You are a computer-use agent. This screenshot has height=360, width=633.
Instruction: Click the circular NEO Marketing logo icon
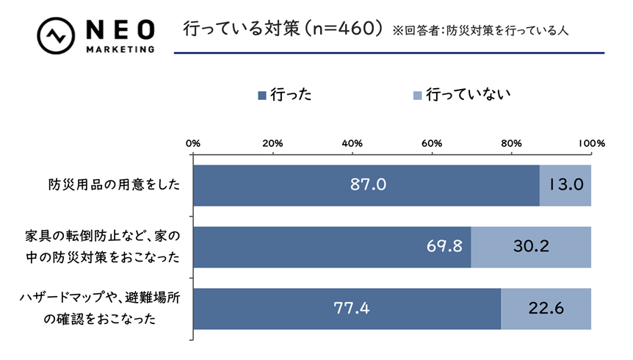(x=56, y=35)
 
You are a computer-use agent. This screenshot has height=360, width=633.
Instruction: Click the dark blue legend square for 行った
(x=261, y=95)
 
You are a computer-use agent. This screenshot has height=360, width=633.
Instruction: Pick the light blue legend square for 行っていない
(x=417, y=95)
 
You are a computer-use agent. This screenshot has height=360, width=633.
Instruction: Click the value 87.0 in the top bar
(x=367, y=184)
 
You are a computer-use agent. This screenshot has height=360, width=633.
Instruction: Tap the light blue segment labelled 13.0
(x=565, y=184)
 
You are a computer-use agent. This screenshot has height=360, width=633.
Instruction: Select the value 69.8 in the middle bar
(x=444, y=246)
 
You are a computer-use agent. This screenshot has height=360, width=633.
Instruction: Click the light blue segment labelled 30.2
(x=530, y=246)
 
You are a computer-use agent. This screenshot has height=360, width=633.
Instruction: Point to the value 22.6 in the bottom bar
(x=546, y=309)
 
